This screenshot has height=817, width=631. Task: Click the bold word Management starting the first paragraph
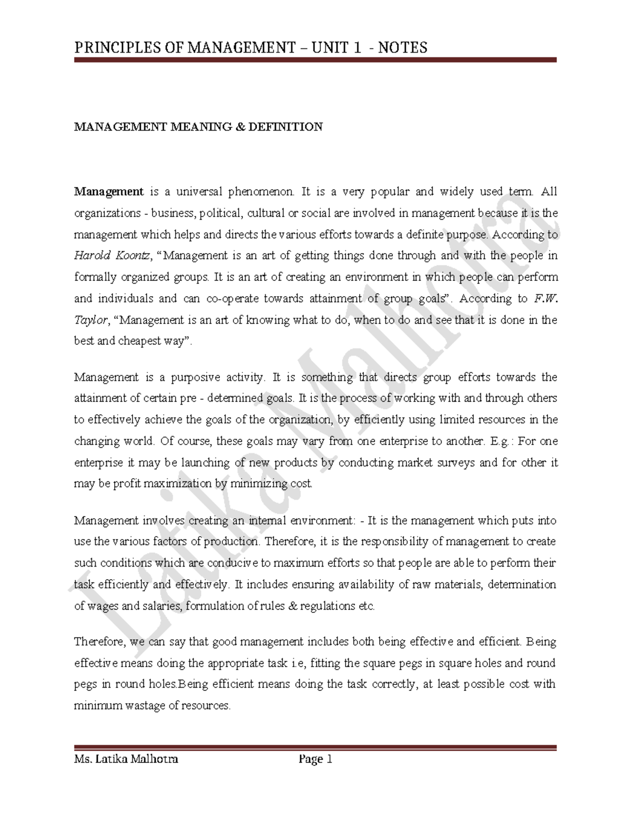109,191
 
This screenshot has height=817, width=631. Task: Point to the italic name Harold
93,256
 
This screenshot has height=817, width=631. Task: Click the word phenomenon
259,191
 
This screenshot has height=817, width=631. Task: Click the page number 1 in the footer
330,759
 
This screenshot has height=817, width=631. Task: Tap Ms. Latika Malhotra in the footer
126,759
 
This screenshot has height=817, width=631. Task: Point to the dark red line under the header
315,60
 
